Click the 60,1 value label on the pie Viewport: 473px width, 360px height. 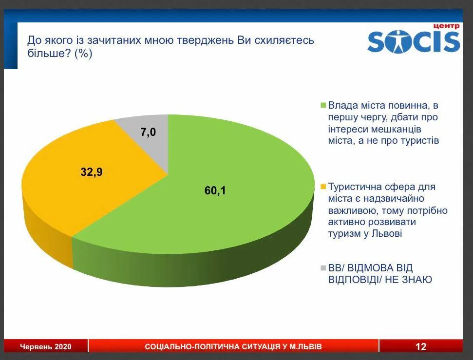pos(215,190)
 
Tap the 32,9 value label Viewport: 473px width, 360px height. pos(92,172)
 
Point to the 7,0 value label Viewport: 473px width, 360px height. pos(148,132)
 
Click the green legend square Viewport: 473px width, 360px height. pos(323,105)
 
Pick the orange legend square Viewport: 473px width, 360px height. pos(323,187)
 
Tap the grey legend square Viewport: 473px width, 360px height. pos(323,267)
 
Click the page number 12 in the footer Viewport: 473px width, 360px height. pos(421,346)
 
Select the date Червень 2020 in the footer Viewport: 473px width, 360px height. pos(46,347)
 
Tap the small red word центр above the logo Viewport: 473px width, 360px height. pos(447,26)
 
